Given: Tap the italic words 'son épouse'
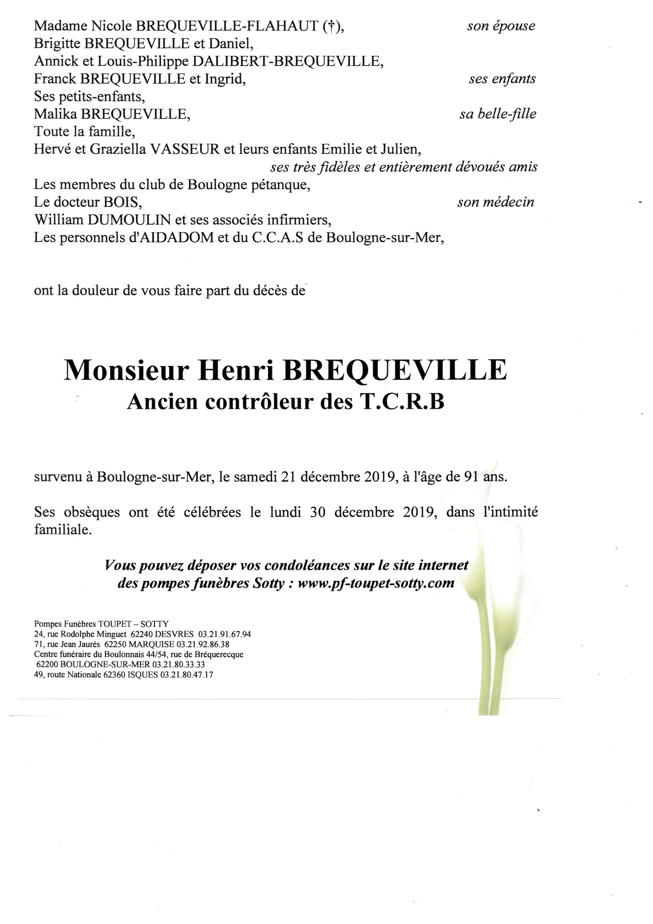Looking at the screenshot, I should click(x=501, y=26).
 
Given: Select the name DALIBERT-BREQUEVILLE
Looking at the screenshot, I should click(x=287, y=61).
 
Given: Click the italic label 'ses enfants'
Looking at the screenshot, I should click(x=502, y=79).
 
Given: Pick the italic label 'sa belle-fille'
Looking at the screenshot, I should click(x=498, y=114).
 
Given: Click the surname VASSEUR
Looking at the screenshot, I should click(x=185, y=150).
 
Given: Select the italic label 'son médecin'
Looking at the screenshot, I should click(x=495, y=202).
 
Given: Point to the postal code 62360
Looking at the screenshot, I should click(x=114, y=675).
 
